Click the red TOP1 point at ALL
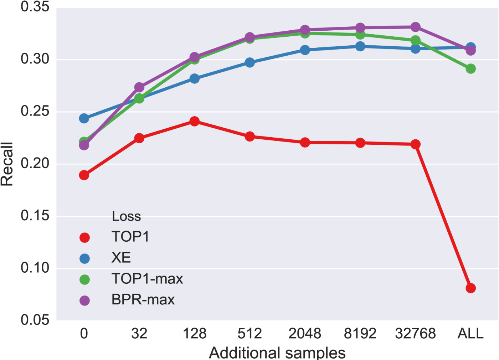tap(470, 288)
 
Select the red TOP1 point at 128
tap(194, 122)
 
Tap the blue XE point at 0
tap(84, 118)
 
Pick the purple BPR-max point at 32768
tap(415, 27)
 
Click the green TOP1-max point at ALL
tap(470, 69)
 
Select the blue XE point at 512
tap(249, 63)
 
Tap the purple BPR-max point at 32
tap(139, 87)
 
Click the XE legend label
tap(121, 258)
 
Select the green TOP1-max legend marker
tap(84, 279)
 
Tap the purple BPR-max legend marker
tap(84, 300)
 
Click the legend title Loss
tap(126, 216)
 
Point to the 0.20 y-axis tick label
tap(35, 164)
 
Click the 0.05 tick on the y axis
tap(35, 320)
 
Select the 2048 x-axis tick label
tap(305, 334)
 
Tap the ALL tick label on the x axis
tap(470, 334)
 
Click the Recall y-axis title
tap(7, 164)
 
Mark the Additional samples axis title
tap(277, 353)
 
